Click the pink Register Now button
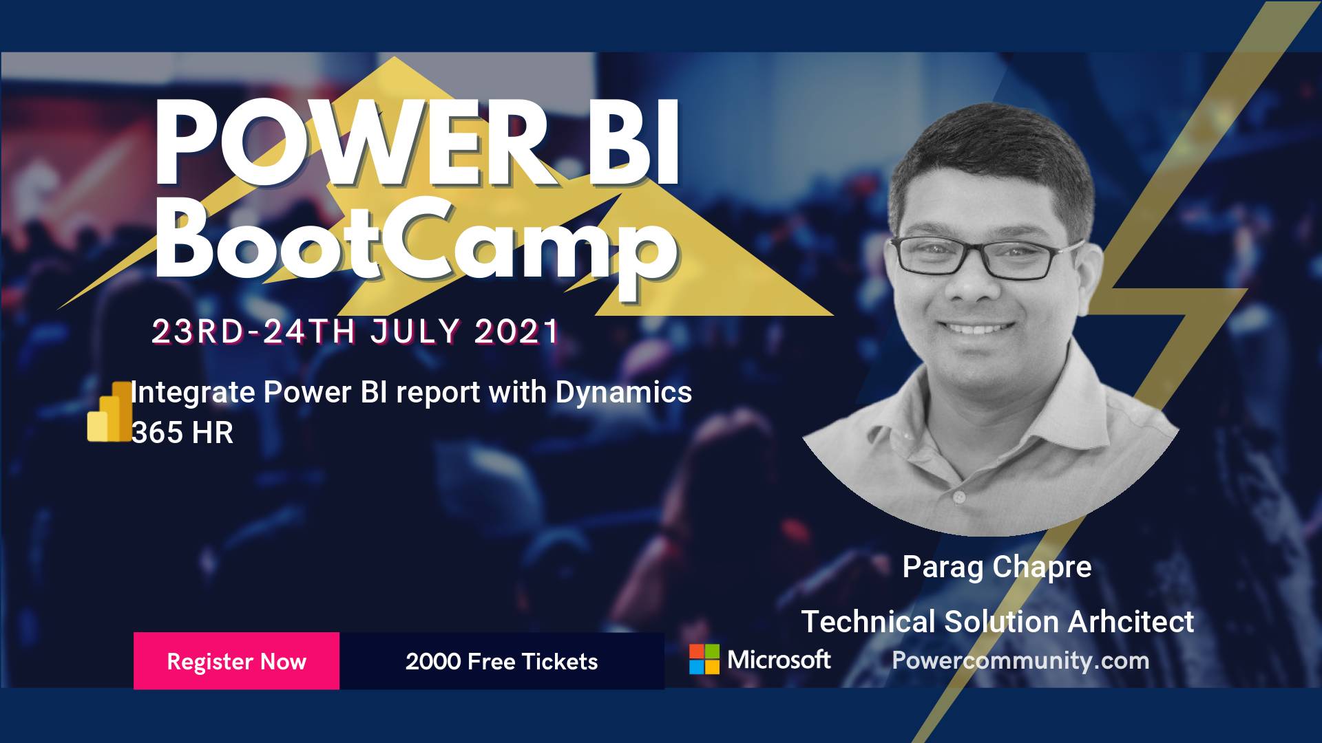point(236,660)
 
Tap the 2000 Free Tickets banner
point(502,660)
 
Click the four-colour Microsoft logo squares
point(704,659)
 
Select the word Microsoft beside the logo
point(779,659)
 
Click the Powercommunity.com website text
point(1020,660)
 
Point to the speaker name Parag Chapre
point(997,567)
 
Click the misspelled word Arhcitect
point(1131,621)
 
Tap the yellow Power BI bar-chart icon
point(109,411)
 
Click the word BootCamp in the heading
point(417,241)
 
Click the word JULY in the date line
point(414,332)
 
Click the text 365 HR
point(182,433)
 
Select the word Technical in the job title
point(868,621)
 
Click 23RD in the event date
point(198,332)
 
